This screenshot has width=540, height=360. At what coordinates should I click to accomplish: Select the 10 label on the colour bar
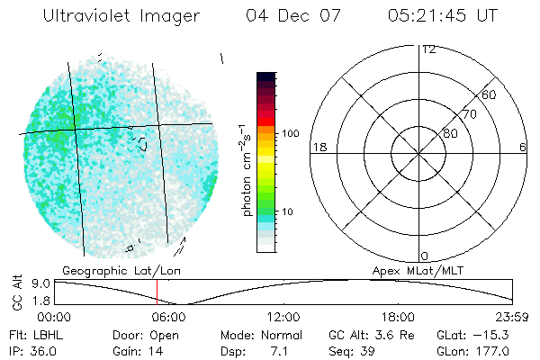click(x=289, y=211)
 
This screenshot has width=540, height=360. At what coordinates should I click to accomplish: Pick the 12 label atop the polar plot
click(x=429, y=49)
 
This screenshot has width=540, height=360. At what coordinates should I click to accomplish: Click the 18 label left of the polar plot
click(x=318, y=147)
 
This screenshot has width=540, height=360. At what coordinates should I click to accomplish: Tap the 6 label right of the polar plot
click(x=523, y=147)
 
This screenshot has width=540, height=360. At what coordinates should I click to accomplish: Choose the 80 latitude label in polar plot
click(x=450, y=133)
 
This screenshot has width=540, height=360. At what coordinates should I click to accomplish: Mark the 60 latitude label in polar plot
click(x=489, y=94)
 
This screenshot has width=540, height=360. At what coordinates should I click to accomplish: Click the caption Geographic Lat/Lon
click(x=112, y=270)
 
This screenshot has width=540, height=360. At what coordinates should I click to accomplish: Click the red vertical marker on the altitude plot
click(x=157, y=291)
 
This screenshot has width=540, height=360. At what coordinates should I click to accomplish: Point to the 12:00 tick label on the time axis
click(x=283, y=317)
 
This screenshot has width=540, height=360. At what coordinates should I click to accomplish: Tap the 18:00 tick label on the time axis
click(x=398, y=317)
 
